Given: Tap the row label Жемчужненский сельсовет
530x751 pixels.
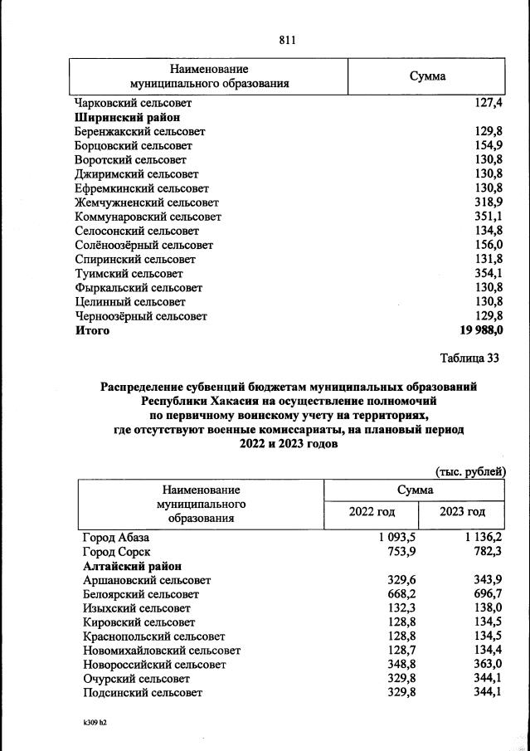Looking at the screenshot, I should [x=146, y=202].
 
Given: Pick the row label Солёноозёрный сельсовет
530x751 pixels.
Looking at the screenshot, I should [x=143, y=245].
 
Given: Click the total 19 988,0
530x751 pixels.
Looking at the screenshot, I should [x=479, y=330].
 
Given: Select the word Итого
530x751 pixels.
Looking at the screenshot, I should [x=92, y=330].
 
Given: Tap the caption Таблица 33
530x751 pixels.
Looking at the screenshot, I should [x=469, y=358].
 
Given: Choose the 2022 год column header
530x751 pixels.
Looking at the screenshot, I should [x=374, y=511].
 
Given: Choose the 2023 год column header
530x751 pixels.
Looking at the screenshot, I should [x=462, y=511].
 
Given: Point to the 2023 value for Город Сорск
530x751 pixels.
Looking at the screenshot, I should [x=485, y=551].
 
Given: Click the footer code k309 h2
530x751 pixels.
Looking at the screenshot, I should [x=91, y=722].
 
